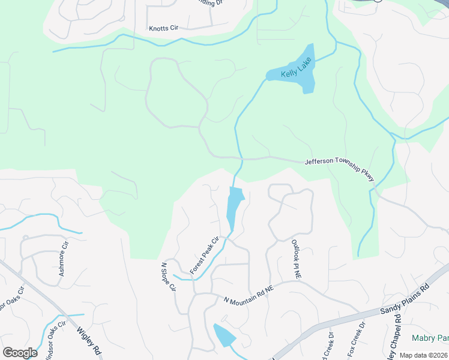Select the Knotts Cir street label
point(164,28)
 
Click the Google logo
point(20,353)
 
